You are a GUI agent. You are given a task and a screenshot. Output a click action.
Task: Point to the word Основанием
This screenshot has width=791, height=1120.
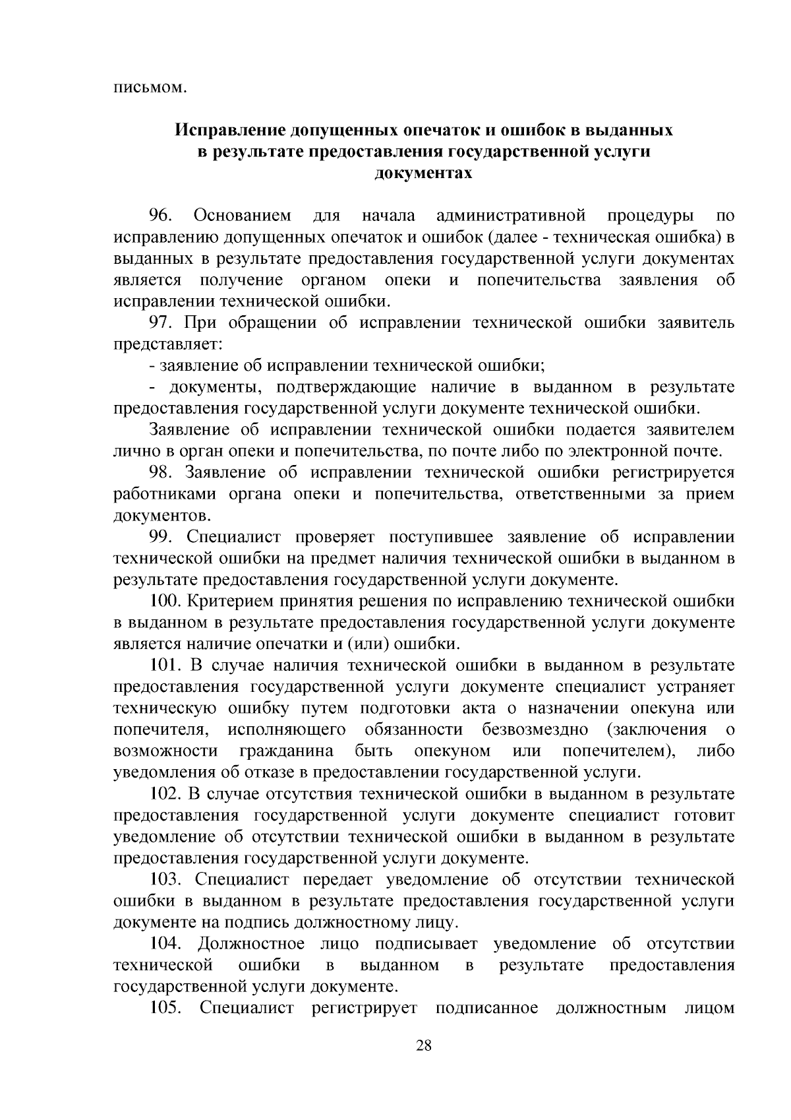click(x=243, y=216)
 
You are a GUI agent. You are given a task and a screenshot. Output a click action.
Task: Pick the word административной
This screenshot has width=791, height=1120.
click(x=511, y=216)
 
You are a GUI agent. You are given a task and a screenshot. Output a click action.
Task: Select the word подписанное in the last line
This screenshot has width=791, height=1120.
click(x=486, y=1009)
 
